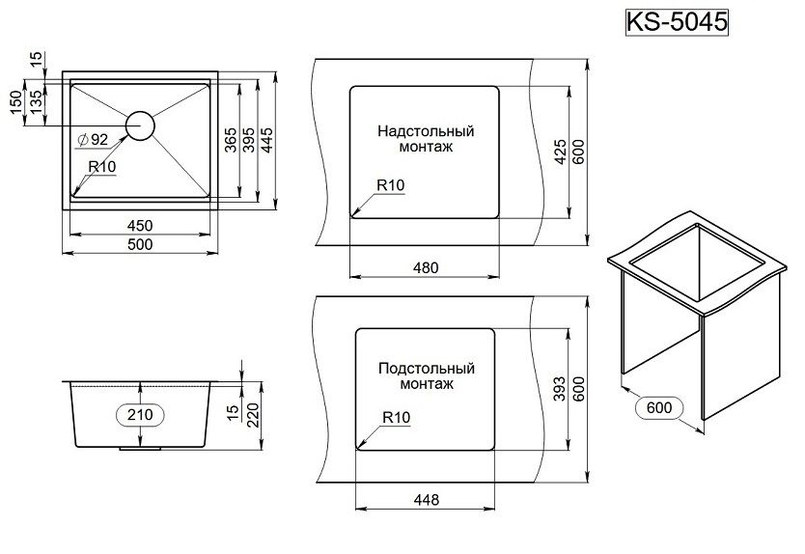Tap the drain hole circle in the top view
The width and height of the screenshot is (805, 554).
point(140,126)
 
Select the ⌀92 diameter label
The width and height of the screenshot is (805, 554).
point(93,140)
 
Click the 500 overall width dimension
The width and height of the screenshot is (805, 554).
point(140,244)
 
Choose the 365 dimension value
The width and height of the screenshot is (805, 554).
point(231,142)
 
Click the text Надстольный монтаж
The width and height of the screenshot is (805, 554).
point(426,140)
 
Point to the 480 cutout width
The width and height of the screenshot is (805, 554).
point(426,267)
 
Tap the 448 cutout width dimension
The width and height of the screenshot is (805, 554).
point(426,499)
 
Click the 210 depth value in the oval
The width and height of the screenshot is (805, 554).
point(141,414)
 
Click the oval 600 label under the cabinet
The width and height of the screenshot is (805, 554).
point(660,408)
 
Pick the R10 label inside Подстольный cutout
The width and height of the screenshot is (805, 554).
point(396,418)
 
